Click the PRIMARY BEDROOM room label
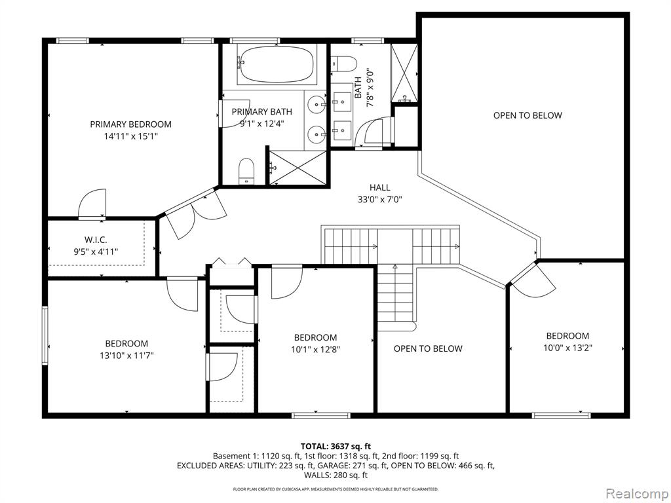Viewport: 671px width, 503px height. pyautogui.click(x=130, y=124)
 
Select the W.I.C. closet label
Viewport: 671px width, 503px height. pyautogui.click(x=96, y=240)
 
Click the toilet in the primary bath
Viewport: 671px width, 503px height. pyautogui.click(x=247, y=171)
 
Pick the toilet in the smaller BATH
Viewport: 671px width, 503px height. pyautogui.click(x=344, y=64)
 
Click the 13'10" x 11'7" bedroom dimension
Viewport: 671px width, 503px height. pyautogui.click(x=126, y=356)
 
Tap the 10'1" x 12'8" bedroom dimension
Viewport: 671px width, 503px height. pyautogui.click(x=315, y=349)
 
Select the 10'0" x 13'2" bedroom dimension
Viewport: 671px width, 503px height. pyautogui.click(x=567, y=348)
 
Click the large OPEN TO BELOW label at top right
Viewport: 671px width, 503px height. pyautogui.click(x=527, y=115)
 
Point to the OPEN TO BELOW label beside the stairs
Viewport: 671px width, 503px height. pyautogui.click(x=428, y=348)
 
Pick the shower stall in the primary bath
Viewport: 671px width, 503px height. pyautogui.click(x=296, y=167)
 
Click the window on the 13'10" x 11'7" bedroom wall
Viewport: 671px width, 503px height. pyautogui.click(x=45, y=335)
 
